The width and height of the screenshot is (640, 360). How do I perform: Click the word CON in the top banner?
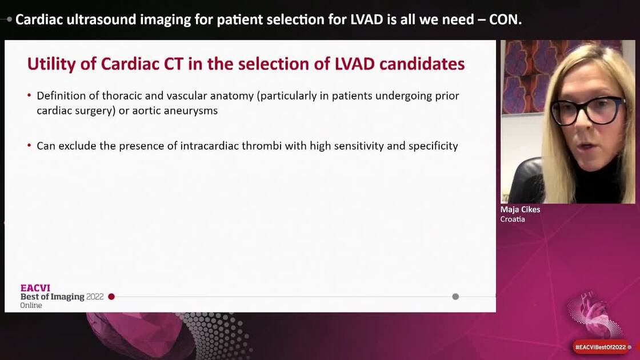click(x=505, y=19)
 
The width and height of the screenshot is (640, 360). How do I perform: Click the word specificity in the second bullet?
click(x=433, y=146)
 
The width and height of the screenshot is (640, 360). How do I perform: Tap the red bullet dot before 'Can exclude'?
click(x=29, y=146)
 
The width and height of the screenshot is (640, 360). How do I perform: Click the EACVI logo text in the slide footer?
click(x=35, y=288)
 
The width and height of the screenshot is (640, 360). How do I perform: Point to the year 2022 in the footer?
click(x=95, y=297)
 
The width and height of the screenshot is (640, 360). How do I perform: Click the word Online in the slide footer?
click(x=31, y=306)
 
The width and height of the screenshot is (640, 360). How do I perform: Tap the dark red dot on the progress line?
click(x=111, y=297)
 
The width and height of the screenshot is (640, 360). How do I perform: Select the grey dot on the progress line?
click(x=455, y=297)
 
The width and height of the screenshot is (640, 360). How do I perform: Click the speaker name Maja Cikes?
click(x=520, y=210)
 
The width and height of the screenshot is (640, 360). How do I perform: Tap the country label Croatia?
click(x=513, y=219)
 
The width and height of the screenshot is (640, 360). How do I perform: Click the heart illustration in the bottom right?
click(x=594, y=314)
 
